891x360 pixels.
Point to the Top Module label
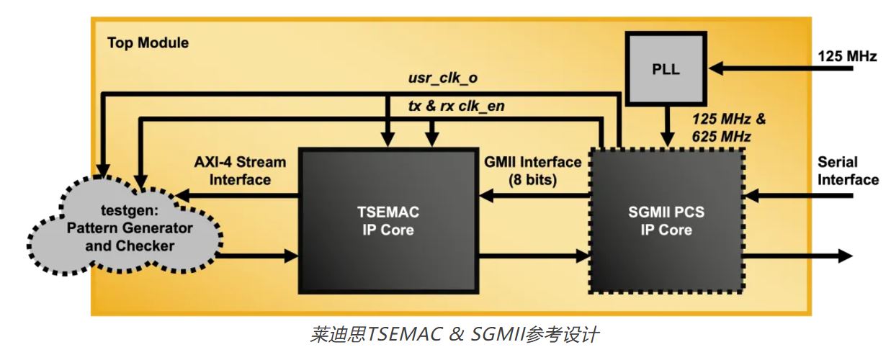click(x=148, y=42)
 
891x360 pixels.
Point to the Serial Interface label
click(x=847, y=171)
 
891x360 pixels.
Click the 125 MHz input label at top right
click(x=846, y=55)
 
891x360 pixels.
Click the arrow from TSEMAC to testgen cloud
click(x=238, y=194)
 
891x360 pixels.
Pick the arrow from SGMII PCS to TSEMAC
click(x=533, y=194)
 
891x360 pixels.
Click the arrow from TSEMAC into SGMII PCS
click(x=533, y=255)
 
